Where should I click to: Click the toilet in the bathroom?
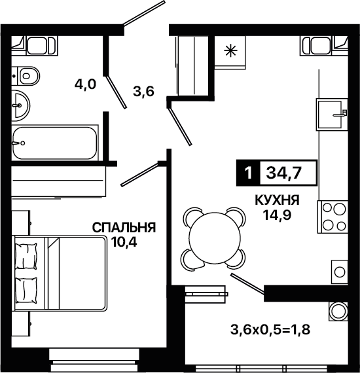[26, 76]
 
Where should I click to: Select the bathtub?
[55, 143]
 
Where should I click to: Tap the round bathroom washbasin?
[21, 105]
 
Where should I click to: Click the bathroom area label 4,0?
[85, 84]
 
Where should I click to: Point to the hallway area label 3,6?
[144, 92]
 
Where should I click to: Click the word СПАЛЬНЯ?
[124, 228]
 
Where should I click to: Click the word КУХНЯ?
[277, 200]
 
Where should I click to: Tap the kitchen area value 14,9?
[277, 215]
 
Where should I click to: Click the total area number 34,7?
[284, 173]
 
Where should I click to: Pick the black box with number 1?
[248, 173]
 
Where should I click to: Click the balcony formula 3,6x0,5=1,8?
[270, 330]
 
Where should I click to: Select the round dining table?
[215, 239]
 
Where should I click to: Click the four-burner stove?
[333, 217]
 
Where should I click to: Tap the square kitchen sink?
[332, 115]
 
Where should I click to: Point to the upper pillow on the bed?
[26, 256]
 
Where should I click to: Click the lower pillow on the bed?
[26, 290]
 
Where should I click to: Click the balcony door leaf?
[247, 283]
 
